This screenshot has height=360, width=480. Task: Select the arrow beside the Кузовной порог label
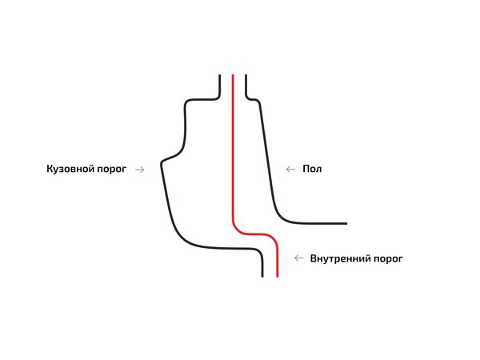pyautogui.click(x=140, y=169)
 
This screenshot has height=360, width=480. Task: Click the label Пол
pyautogui.click(x=312, y=169)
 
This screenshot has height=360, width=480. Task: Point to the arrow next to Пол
pyautogui.click(x=290, y=169)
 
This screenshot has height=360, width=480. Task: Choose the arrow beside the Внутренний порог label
pyautogui.click(x=299, y=258)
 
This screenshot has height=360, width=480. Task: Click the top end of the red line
pyautogui.click(x=233, y=76)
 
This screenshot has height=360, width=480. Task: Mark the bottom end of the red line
pyautogui.click(x=277, y=276)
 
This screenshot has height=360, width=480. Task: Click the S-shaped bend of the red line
pyautogui.click(x=254, y=234)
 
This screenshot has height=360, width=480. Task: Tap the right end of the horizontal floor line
pyautogui.click(x=346, y=223)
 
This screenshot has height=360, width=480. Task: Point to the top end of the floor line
pyautogui.click(x=245, y=76)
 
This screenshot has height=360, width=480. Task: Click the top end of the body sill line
pyautogui.click(x=219, y=76)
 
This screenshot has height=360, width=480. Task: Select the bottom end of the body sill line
pyautogui.click(x=262, y=276)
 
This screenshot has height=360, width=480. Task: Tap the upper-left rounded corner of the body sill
pyautogui.click(x=189, y=103)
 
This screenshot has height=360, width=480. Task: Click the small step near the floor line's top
pyautogui.click(x=252, y=99)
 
